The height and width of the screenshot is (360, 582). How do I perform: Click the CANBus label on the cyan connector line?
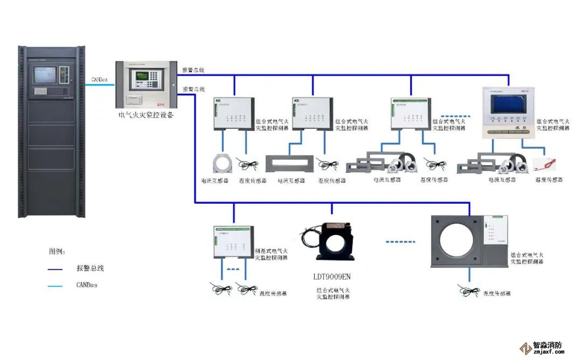(100, 79)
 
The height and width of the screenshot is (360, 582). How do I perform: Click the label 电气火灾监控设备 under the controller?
(146, 115)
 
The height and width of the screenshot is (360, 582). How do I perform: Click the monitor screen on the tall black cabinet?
(45, 75)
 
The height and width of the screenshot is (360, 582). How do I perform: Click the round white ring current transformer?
(222, 163)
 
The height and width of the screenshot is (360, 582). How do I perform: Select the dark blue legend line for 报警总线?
(56, 268)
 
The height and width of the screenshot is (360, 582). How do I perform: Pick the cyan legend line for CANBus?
(56, 285)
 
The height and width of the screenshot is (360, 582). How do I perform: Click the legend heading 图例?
(58, 251)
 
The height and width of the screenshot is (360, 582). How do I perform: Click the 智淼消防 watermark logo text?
(548, 346)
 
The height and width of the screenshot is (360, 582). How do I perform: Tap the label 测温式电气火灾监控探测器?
(271, 254)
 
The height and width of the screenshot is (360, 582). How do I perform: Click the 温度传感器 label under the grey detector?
(497, 293)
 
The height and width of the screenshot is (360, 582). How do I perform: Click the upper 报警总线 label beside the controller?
(193, 71)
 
